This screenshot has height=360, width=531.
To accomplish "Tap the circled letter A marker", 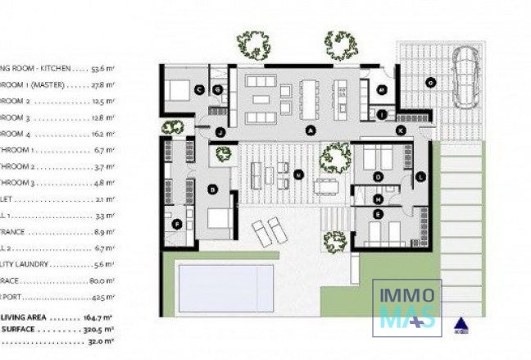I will click(311, 130).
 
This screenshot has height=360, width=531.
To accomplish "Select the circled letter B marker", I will click(213, 190).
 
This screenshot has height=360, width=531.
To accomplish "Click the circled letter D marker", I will click(378, 175).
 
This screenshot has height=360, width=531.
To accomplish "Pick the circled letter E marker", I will click(378, 214).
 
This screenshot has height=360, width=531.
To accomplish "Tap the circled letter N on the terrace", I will click(299, 173).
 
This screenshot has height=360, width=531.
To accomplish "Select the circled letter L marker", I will click(420, 176).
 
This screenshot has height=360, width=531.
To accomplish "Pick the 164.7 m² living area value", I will click(99, 317).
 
